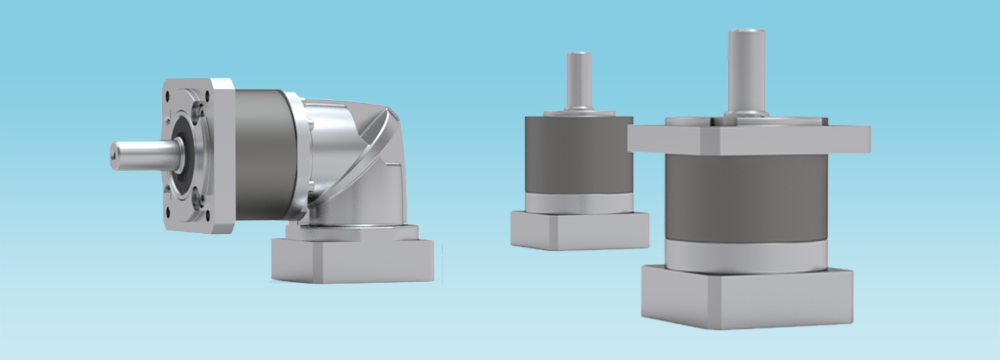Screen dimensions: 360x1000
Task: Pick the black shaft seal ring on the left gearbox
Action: click(x=186, y=156)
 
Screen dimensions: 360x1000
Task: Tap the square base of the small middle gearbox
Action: click(x=578, y=229)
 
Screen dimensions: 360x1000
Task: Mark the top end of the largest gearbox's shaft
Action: click(x=746, y=34)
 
